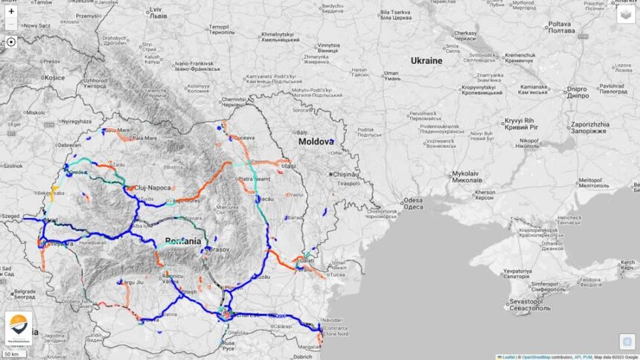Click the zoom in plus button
pos(11,11)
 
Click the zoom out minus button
pos(11,25)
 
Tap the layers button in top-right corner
pos(626,14)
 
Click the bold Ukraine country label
pos(426,60)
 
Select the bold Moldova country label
pos(313,141)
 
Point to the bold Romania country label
pos(183,241)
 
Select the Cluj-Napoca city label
pos(152,188)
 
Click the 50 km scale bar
pos(15,353)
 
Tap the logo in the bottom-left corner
pos(19,327)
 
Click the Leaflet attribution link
pos(508,357)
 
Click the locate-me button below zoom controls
pos(11,42)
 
